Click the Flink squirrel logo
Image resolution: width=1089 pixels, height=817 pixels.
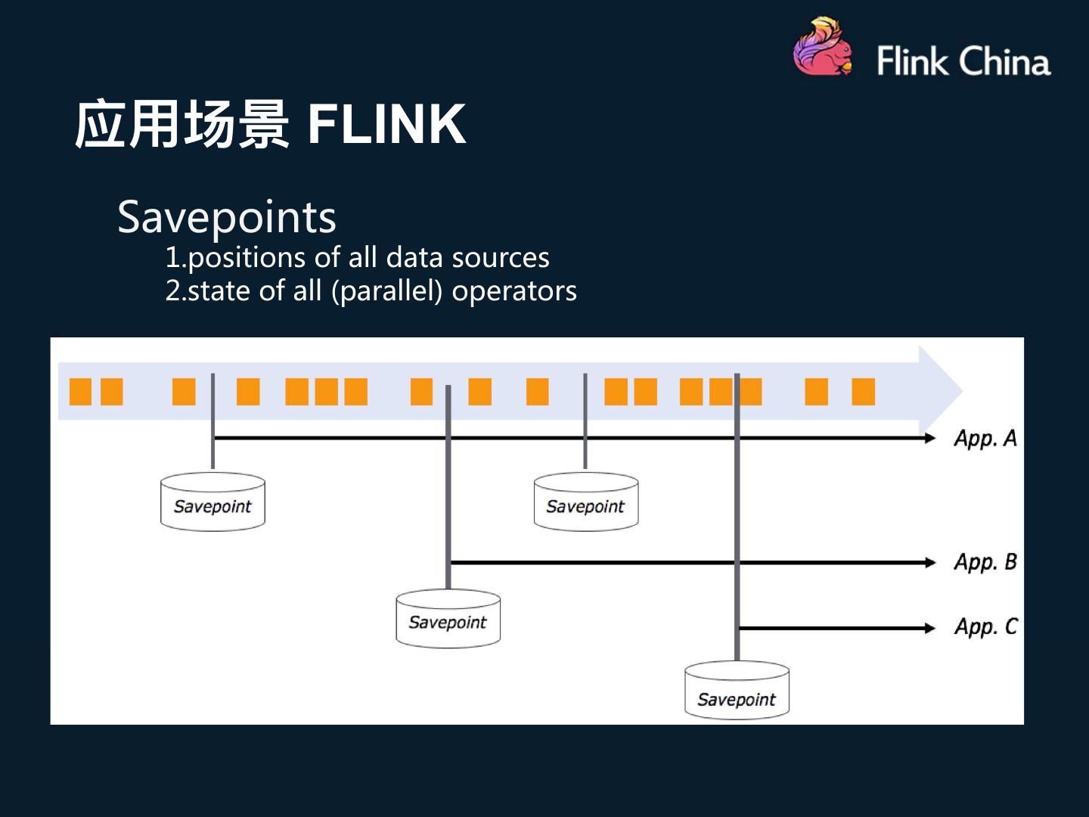coord(823,48)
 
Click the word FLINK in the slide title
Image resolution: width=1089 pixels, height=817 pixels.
coord(386,124)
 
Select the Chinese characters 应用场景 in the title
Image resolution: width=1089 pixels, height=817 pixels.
coord(181,124)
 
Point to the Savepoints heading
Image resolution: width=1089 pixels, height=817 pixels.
coord(227,217)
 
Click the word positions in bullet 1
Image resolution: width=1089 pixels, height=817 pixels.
coord(247,258)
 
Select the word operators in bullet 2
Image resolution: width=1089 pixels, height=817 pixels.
coord(514,291)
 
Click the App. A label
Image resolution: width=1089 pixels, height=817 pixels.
coord(985,439)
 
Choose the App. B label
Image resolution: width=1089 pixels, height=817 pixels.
coord(985,562)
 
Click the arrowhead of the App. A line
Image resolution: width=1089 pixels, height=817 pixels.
coord(930,438)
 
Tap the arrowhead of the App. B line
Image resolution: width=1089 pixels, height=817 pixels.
coord(930,562)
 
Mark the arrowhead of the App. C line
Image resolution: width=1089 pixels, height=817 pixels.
coord(930,628)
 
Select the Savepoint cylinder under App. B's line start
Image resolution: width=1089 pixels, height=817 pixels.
coord(448,620)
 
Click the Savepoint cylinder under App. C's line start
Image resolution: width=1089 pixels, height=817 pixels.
coord(737,691)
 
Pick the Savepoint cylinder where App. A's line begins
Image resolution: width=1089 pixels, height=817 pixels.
coord(213,502)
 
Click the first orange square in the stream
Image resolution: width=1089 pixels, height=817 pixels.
coord(80,392)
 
